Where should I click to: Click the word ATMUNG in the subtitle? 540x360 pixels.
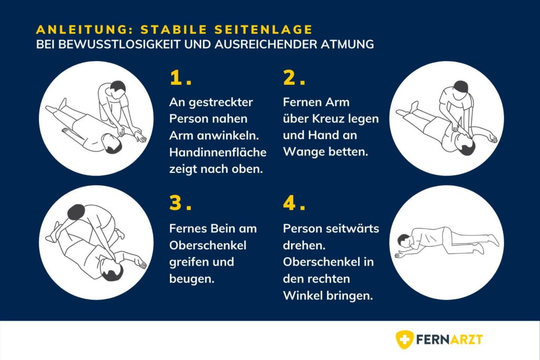click(348, 45)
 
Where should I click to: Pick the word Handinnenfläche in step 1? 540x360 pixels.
click(218, 152)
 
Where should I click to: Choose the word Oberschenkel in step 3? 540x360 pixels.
click(208, 245)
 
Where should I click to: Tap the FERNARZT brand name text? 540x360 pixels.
click(449, 339)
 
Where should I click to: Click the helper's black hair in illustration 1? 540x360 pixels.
click(118, 86)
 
